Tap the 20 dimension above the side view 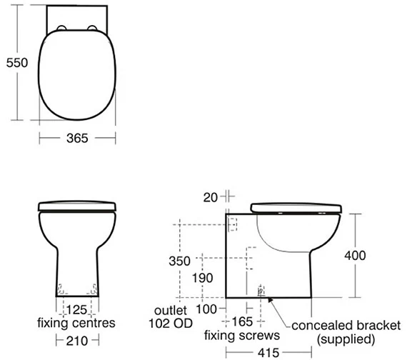(211, 196)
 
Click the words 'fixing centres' (76, 324)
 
